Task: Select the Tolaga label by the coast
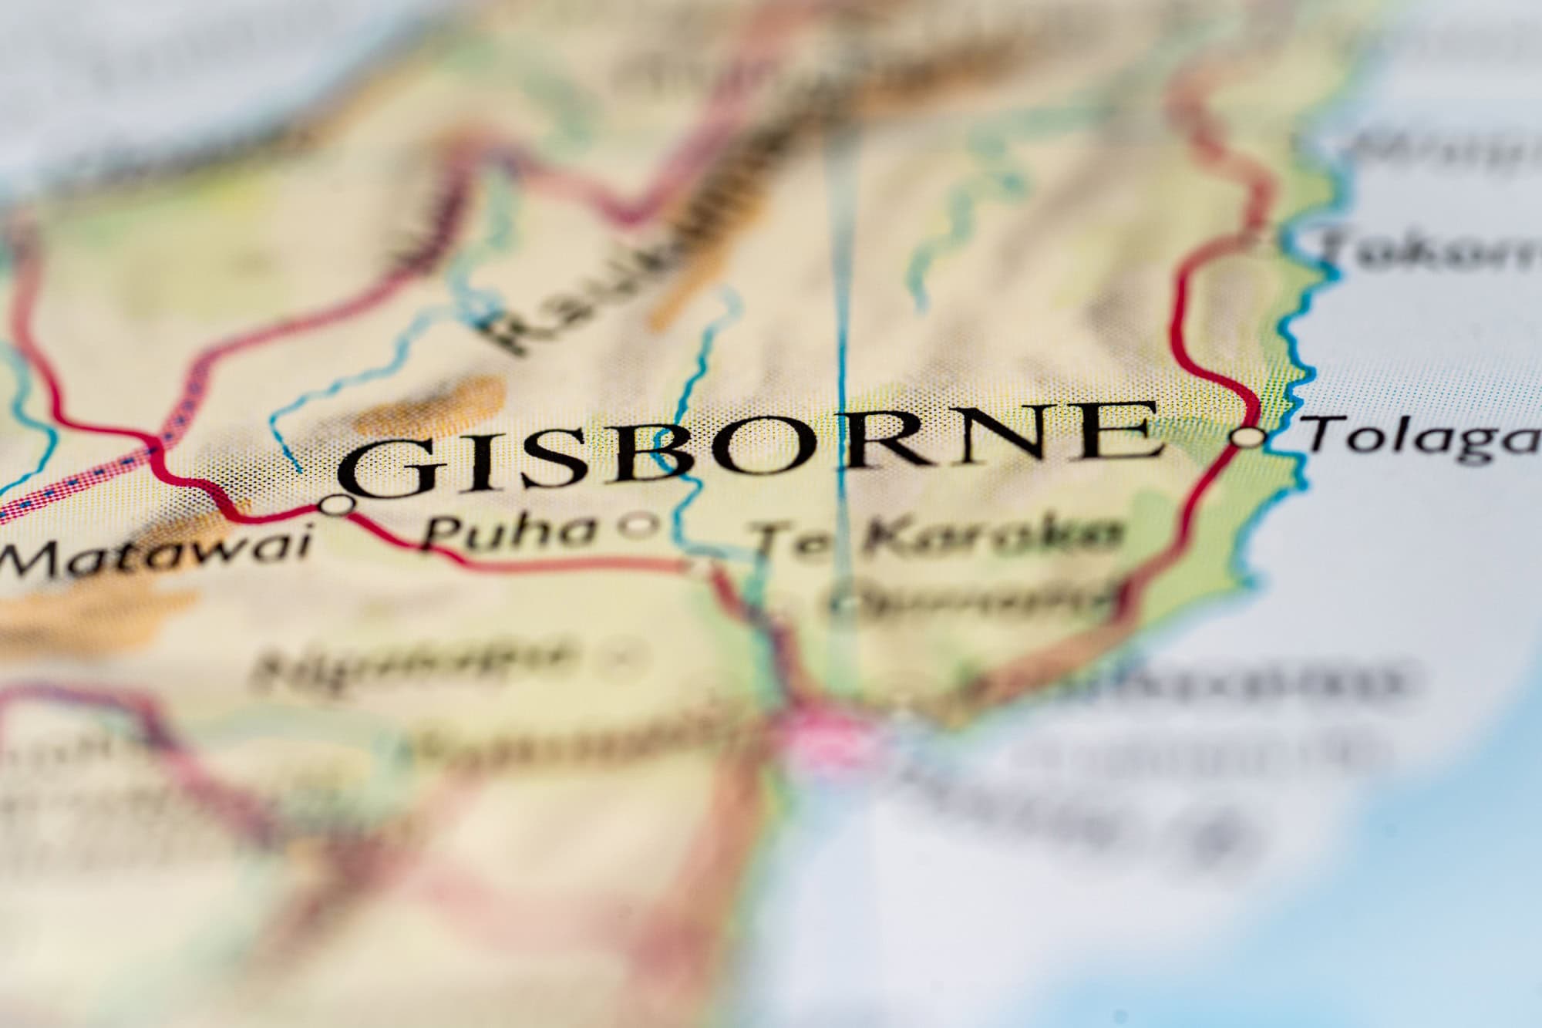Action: (x=1422, y=436)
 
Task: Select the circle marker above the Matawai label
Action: (x=336, y=506)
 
